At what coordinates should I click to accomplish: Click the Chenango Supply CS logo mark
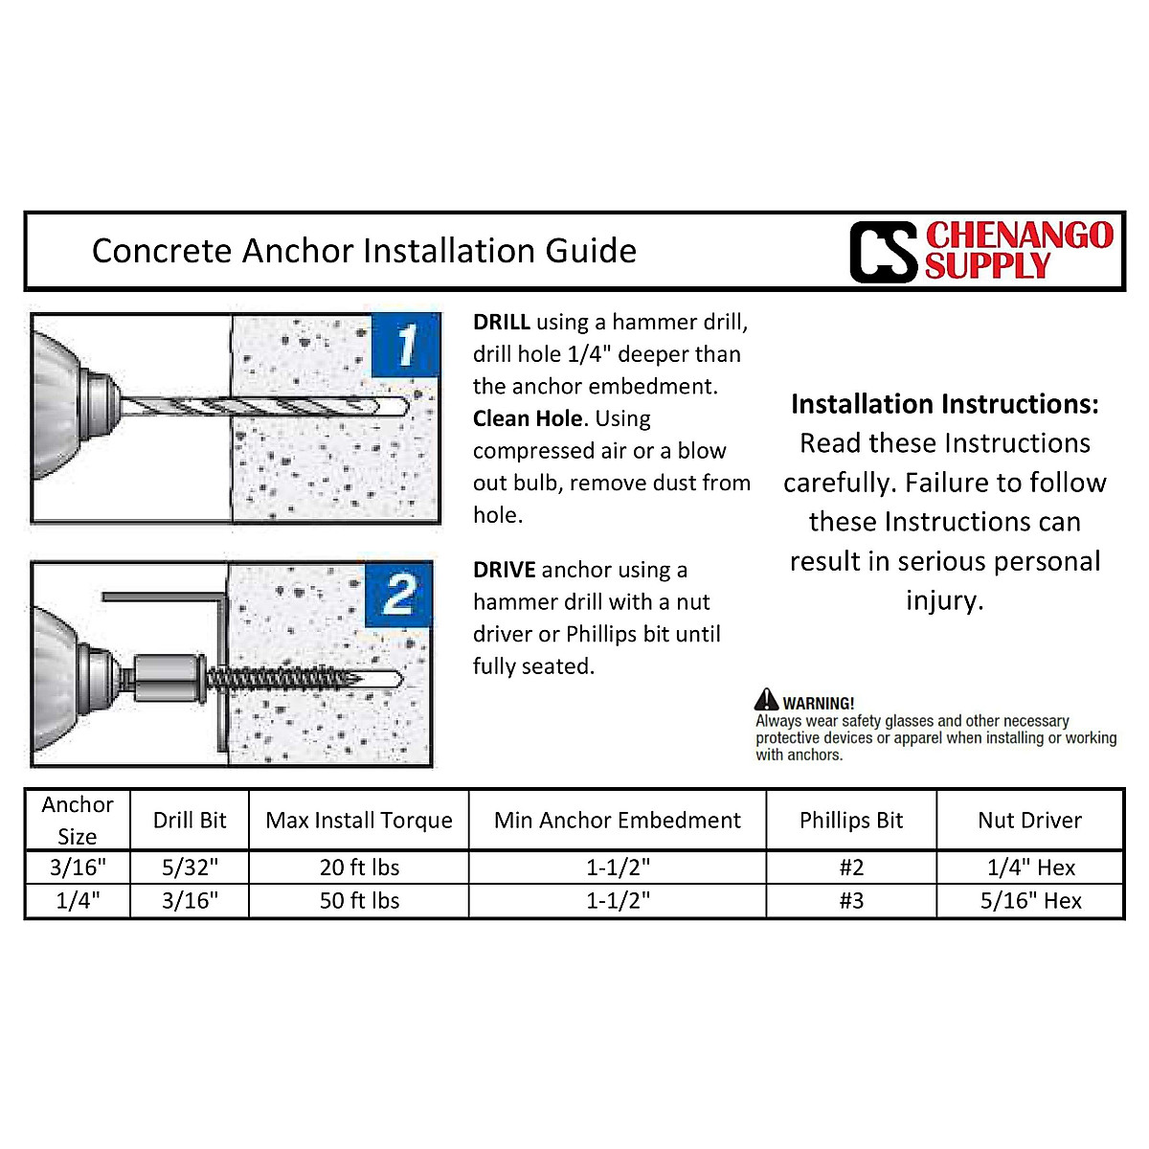[883, 252]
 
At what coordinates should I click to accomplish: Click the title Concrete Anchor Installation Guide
[364, 251]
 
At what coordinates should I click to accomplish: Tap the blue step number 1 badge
[406, 345]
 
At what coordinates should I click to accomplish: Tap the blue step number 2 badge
[399, 595]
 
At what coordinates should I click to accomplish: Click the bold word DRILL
[501, 323]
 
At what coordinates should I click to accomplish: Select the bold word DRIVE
[504, 571]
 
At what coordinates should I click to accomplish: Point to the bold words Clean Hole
[528, 419]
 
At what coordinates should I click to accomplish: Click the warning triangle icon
[766, 700]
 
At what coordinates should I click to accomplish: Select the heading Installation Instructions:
[944, 404]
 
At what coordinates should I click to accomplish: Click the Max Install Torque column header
[359, 821]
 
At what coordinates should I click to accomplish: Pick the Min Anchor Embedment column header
[617, 821]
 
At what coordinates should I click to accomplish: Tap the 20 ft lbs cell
[359, 867]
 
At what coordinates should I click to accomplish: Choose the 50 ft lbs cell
[359, 901]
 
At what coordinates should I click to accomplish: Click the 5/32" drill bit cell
[190, 867]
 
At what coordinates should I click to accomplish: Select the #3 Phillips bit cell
[851, 901]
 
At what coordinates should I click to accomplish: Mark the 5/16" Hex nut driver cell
[1030, 901]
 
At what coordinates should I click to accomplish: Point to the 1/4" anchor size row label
[78, 901]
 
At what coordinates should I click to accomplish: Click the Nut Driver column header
[1030, 821]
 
